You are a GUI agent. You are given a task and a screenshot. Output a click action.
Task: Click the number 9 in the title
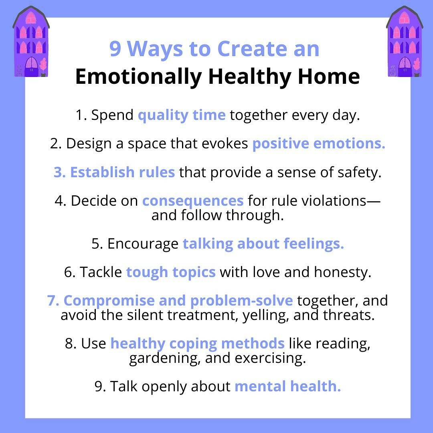pos(115,49)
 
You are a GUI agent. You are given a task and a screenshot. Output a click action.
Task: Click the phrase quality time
pos(182,115)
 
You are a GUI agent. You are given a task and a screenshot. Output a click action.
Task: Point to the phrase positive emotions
pos(319,144)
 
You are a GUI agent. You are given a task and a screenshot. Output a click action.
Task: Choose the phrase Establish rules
pos(123,172)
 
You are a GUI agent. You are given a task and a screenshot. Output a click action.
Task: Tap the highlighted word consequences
pos(193,201)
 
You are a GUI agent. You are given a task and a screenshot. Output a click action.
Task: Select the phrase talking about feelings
pos(263,244)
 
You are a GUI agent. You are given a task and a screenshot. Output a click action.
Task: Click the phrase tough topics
pos(171,273)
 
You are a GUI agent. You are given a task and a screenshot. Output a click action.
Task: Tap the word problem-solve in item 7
pos(241,301)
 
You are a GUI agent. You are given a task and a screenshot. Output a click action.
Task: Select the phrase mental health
pos(288,386)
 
